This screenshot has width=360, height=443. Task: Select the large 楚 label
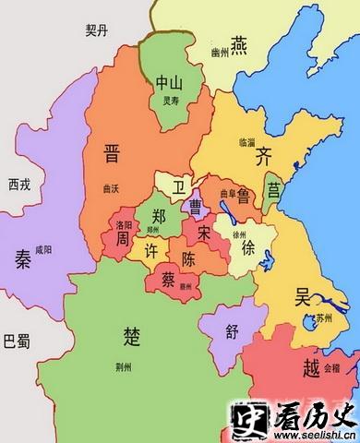(132, 333)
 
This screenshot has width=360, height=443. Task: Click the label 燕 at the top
(239, 43)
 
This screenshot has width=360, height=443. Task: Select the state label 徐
(248, 248)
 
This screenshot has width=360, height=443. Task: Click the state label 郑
(159, 217)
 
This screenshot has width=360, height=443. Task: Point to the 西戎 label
(19, 184)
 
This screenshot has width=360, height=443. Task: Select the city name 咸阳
(42, 250)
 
